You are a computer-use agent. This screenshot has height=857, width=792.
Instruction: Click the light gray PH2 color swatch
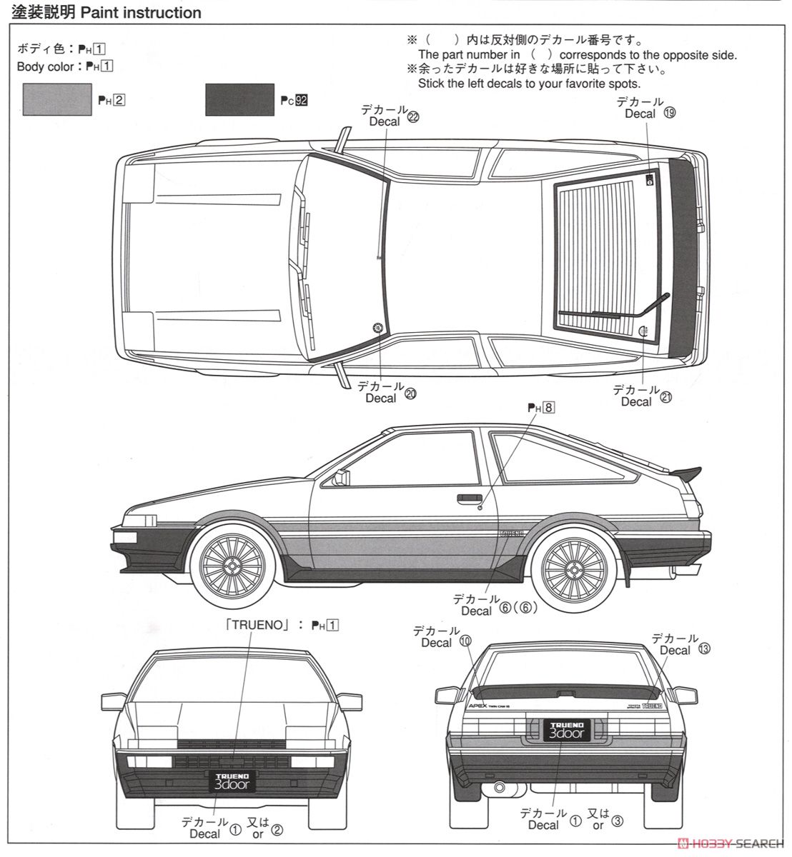pos(57,99)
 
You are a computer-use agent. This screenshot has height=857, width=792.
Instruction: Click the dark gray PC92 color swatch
pos(239,99)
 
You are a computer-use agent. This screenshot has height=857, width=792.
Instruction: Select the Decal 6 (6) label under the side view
pos(493,605)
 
